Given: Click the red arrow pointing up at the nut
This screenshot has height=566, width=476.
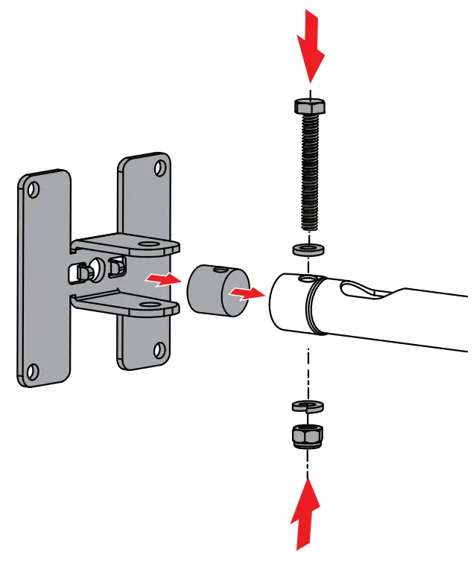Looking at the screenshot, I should pyautogui.click(x=306, y=514).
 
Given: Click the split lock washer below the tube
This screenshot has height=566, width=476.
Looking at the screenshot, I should pyautogui.click(x=306, y=405).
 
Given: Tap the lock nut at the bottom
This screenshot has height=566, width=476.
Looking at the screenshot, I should pyautogui.click(x=306, y=435).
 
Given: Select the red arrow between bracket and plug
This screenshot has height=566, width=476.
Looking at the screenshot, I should pyautogui.click(x=162, y=280).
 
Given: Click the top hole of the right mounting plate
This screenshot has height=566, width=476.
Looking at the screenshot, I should pyautogui.click(x=159, y=168).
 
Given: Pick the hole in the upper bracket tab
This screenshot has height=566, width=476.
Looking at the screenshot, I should pyautogui.click(x=152, y=244).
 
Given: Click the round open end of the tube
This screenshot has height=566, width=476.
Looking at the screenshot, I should pyautogui.click(x=288, y=304).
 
